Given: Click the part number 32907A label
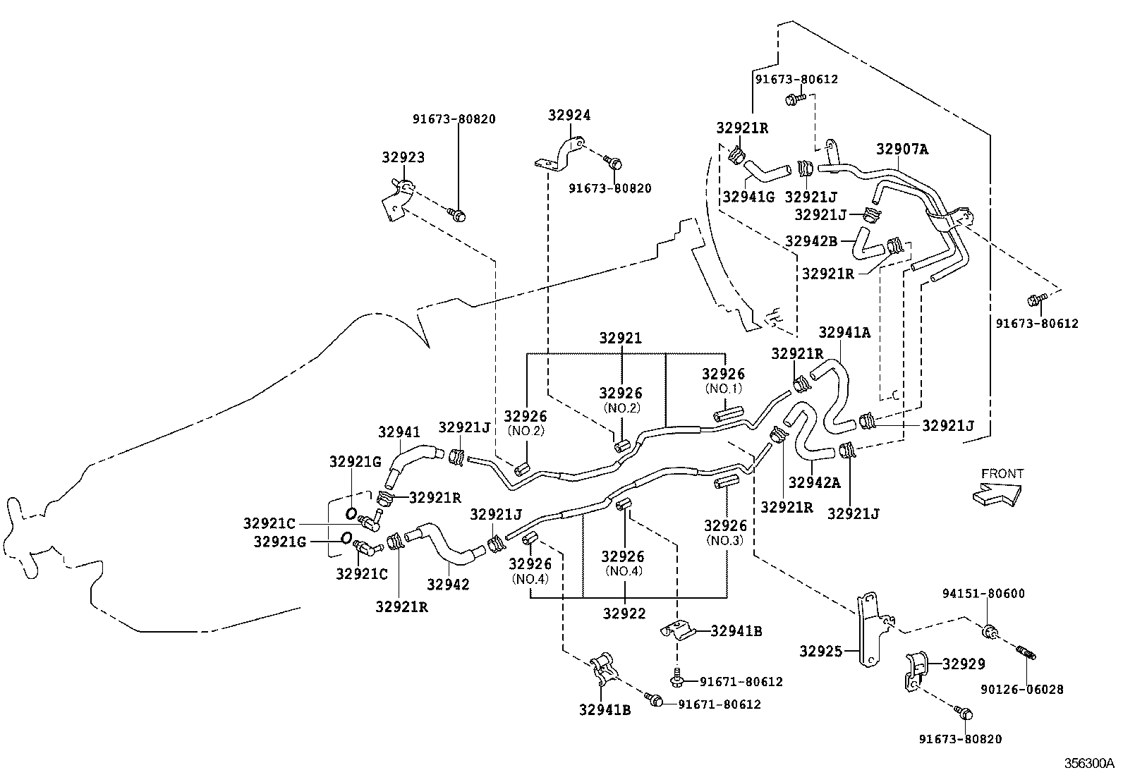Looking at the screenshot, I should pyautogui.click(x=902, y=149).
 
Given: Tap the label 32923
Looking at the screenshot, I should pyautogui.click(x=403, y=157).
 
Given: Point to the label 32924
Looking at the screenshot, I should pyautogui.click(x=569, y=115).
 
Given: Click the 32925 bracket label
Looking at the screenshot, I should pyautogui.click(x=820, y=651).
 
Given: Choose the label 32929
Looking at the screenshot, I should pyautogui.click(x=964, y=664).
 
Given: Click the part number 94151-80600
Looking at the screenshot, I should pyautogui.click(x=984, y=594).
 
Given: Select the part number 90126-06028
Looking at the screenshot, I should pyautogui.click(x=1021, y=690).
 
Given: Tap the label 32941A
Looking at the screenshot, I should pyautogui.click(x=844, y=333).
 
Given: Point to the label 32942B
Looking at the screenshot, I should pyautogui.click(x=811, y=240).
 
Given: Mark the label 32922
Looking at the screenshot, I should pyautogui.click(x=624, y=614).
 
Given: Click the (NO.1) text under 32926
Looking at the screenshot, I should pyautogui.click(x=723, y=389).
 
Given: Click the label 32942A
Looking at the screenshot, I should pyautogui.click(x=814, y=483).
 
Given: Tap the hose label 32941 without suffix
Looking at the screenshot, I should pyautogui.click(x=399, y=432).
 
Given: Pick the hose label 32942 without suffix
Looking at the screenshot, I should pyautogui.click(x=448, y=585).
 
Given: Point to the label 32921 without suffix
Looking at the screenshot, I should pyautogui.click(x=621, y=338).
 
